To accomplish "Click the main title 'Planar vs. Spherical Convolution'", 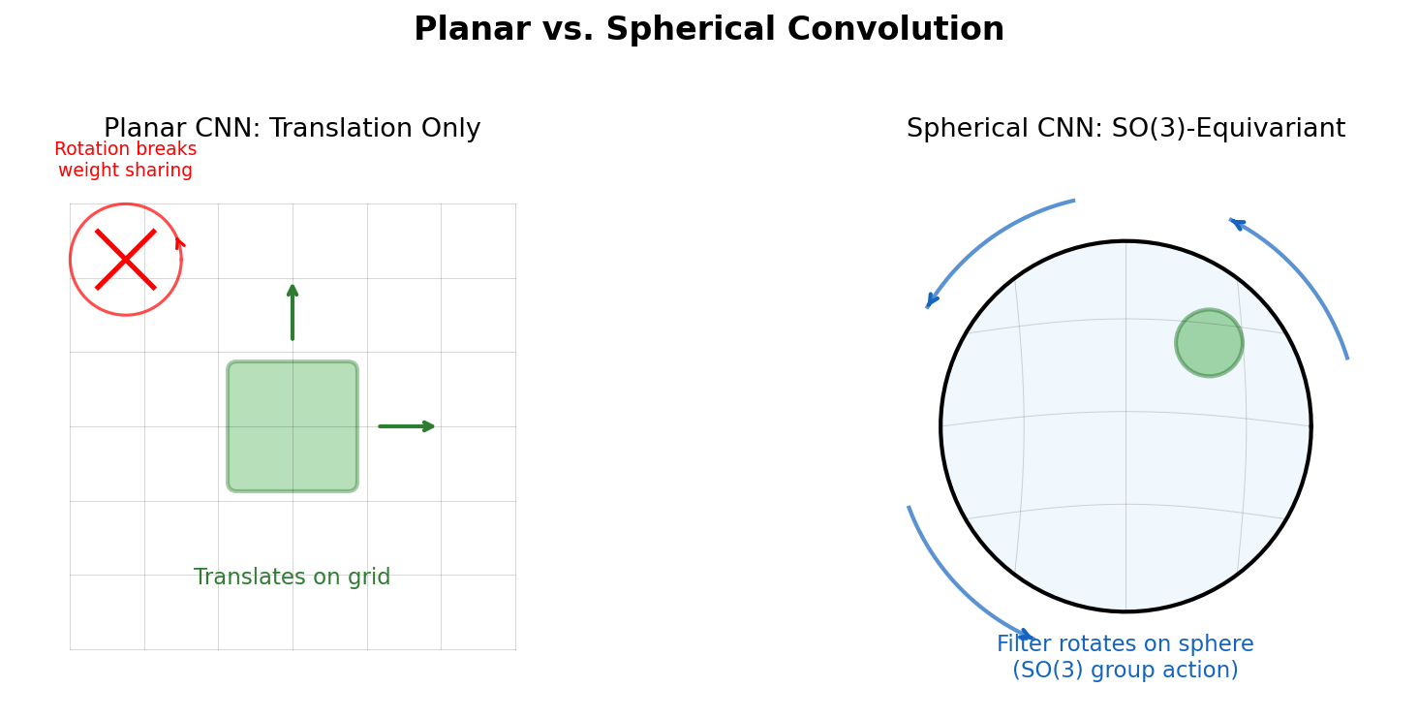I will tap(708, 30).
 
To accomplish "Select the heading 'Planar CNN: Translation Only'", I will tap(292, 129).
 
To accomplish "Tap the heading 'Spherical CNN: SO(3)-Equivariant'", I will tap(1125, 129).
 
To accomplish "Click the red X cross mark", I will tap(126, 260).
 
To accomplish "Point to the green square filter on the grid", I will tap(293, 426).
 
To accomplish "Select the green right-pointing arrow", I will tap(407, 426).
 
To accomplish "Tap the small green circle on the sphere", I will tap(1209, 343).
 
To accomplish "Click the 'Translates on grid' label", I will tap(292, 578).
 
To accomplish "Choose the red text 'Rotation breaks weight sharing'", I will tap(125, 160).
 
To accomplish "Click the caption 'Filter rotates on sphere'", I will tap(1125, 644).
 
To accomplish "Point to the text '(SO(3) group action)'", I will tap(1125, 671).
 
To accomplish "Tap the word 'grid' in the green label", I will tap(368, 578).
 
